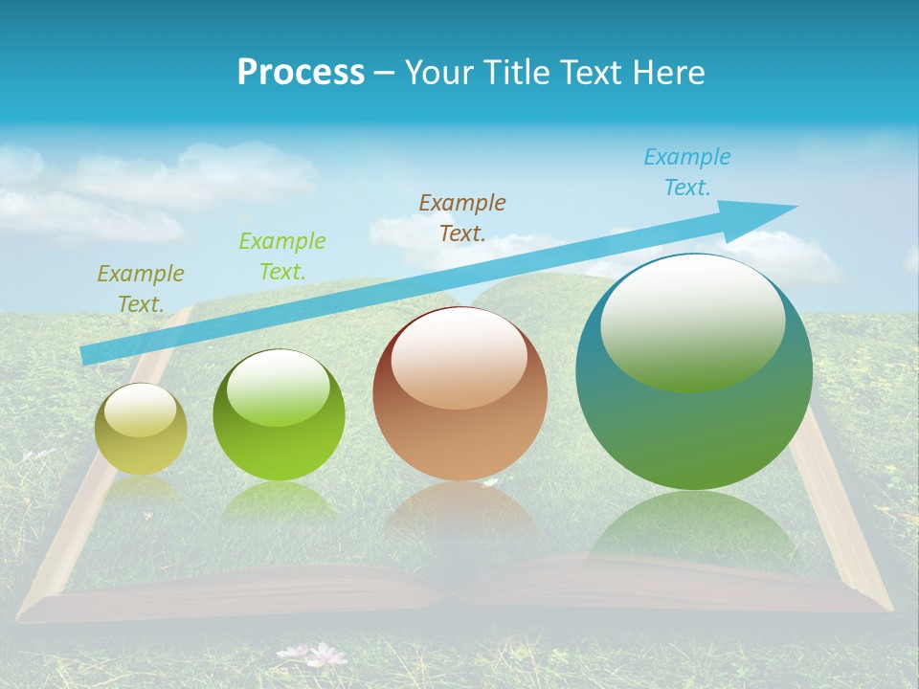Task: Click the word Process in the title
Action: (x=301, y=73)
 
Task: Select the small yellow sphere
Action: (x=141, y=429)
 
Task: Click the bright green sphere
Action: (x=279, y=415)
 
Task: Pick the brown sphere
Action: (x=459, y=394)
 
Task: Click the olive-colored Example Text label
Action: (x=140, y=289)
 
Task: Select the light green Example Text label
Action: (x=281, y=256)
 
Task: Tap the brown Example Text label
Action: (x=462, y=217)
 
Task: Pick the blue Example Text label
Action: (x=686, y=172)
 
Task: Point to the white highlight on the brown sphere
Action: (x=459, y=359)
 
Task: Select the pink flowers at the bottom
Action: (x=317, y=655)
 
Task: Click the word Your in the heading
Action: (x=440, y=73)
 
